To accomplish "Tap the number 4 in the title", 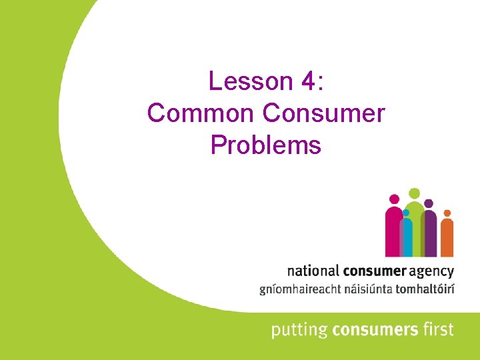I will (309, 81).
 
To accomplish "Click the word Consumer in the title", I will (324, 113).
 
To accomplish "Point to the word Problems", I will (266, 145).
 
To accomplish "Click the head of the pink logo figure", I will (394, 199).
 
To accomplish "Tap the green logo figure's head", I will (414, 193).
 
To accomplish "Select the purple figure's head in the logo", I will (429, 203).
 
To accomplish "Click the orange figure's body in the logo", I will (447, 238).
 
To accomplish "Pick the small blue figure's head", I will (405, 213).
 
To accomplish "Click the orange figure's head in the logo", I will (447, 213).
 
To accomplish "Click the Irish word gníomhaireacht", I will (298, 290).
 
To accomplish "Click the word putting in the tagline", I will (295, 329).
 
